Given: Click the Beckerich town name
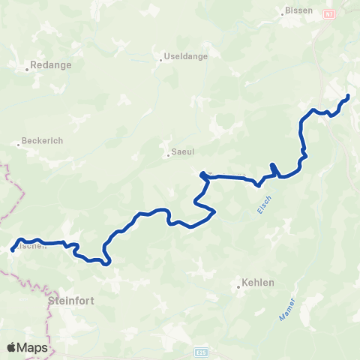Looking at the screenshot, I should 40,140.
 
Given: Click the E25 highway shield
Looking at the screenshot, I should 200,351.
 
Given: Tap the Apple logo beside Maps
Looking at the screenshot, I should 12,347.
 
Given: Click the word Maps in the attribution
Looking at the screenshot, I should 33,347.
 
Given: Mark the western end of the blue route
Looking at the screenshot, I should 13,250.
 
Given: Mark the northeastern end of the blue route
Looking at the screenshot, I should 349,96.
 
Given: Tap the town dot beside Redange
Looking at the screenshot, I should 27,70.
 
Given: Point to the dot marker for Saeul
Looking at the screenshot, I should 168,156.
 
